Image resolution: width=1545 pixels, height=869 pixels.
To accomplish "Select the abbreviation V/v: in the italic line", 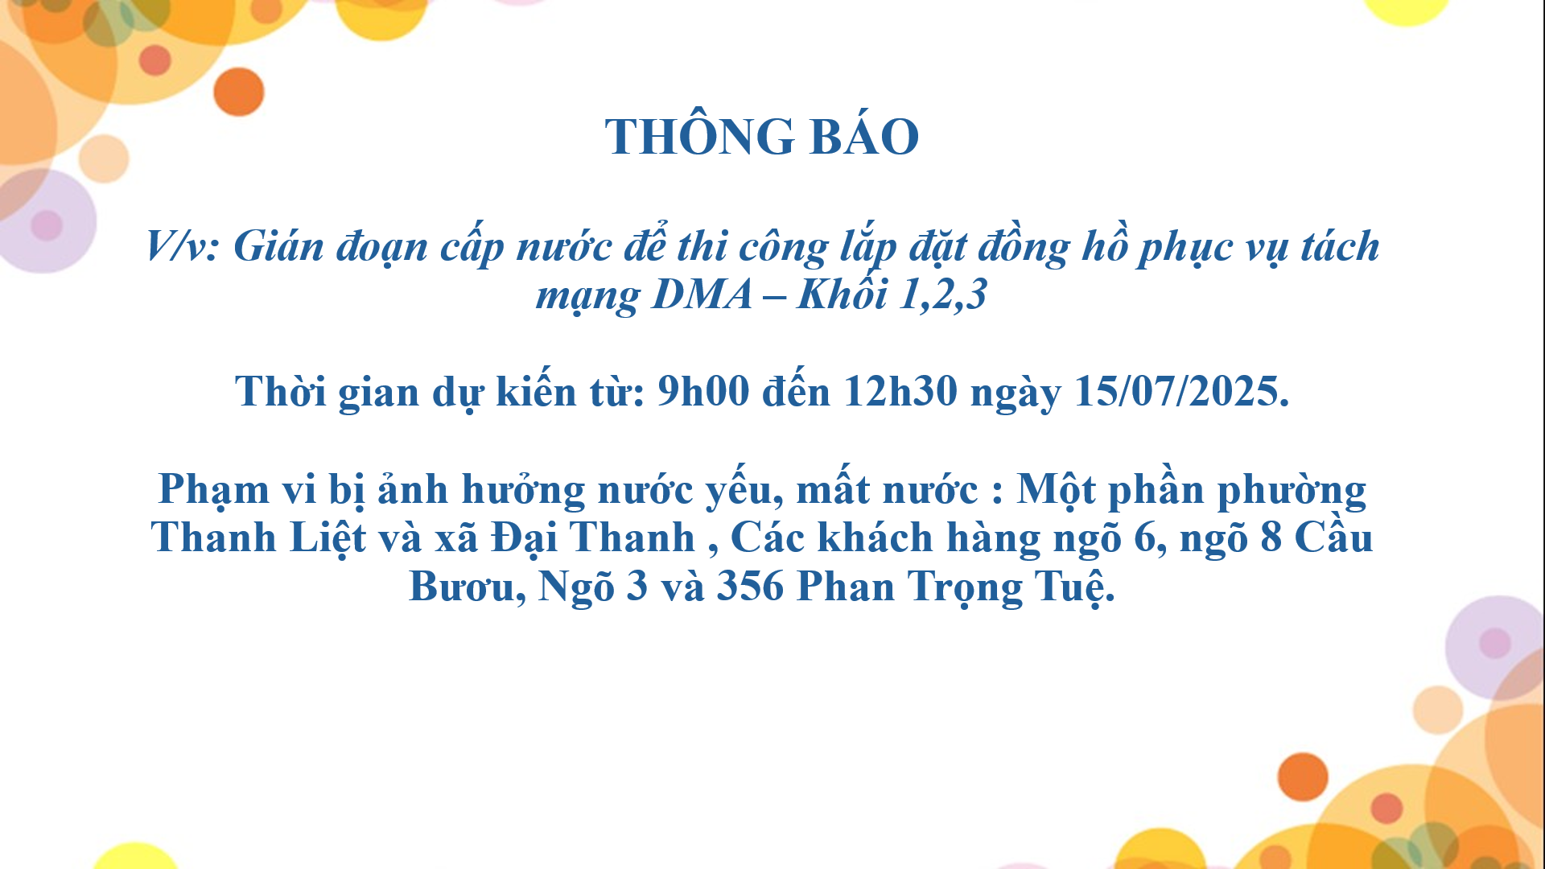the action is coord(183,245).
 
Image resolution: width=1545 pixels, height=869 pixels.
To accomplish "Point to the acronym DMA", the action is coord(702,294).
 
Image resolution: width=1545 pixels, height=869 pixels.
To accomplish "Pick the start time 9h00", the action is coord(703,391).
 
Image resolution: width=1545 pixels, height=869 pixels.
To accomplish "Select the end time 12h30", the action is coord(900,391).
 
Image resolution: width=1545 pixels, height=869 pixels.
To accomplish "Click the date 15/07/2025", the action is coord(1182,391).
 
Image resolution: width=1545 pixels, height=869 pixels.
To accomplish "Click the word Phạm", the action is coord(214,490).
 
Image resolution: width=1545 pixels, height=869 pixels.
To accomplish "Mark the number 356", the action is coord(750,586).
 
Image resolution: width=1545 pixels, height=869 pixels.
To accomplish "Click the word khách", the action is coord(875,537).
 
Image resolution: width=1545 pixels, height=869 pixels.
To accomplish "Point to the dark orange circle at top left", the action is coord(239,92).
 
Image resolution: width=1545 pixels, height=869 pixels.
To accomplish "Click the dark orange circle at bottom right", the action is coord(1303,776).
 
